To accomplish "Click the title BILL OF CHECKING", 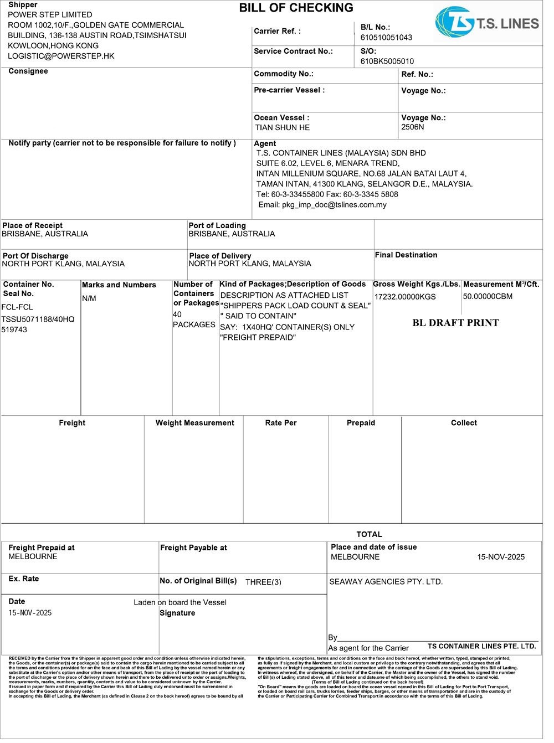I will coord(296,8).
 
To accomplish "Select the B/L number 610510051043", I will coord(386,38).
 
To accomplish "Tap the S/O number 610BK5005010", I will coord(387,61).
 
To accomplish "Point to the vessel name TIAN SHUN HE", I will coord(283,128).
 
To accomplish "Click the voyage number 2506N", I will coord(413,127).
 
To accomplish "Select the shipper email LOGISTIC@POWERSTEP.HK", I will coord(61,56).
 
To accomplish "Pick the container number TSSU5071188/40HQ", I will coord(38,319).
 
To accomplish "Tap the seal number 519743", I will coord(14,330).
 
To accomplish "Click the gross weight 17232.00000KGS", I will coord(405,297).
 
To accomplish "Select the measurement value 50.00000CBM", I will coord(488,297).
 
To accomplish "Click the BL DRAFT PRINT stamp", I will coord(455,323).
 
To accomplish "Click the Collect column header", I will coord(464,423).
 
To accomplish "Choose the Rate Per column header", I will coord(281,423).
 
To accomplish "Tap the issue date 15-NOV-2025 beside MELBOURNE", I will coord(501,558).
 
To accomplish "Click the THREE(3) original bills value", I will coord(263,582).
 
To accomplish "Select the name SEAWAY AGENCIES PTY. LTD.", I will coord(386,582).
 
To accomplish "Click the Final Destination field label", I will coord(406,255).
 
